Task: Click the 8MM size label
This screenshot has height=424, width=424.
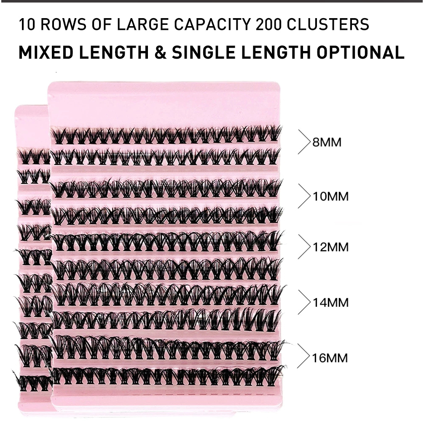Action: click(x=327, y=142)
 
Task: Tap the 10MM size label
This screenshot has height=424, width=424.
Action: click(x=331, y=196)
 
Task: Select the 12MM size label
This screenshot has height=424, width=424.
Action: click(x=331, y=247)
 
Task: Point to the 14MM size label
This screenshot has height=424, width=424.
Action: click(x=331, y=303)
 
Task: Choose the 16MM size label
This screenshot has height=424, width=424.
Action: click(x=330, y=358)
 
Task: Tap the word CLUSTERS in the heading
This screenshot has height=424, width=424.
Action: click(x=328, y=24)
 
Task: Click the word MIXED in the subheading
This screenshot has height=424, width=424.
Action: click(x=46, y=52)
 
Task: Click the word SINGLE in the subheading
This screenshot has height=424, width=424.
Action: click(x=203, y=52)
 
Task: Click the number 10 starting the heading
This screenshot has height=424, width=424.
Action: click(x=27, y=24)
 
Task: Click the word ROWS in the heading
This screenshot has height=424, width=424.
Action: click(x=63, y=24)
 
